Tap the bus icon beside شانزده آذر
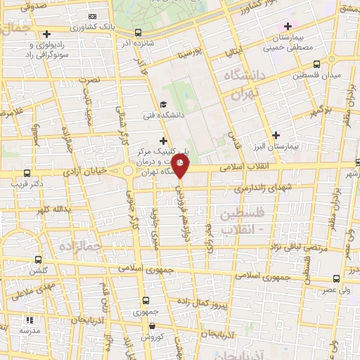(137, 32)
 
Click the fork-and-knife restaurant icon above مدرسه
(30, 320)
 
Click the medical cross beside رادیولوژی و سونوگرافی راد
(47, 34)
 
